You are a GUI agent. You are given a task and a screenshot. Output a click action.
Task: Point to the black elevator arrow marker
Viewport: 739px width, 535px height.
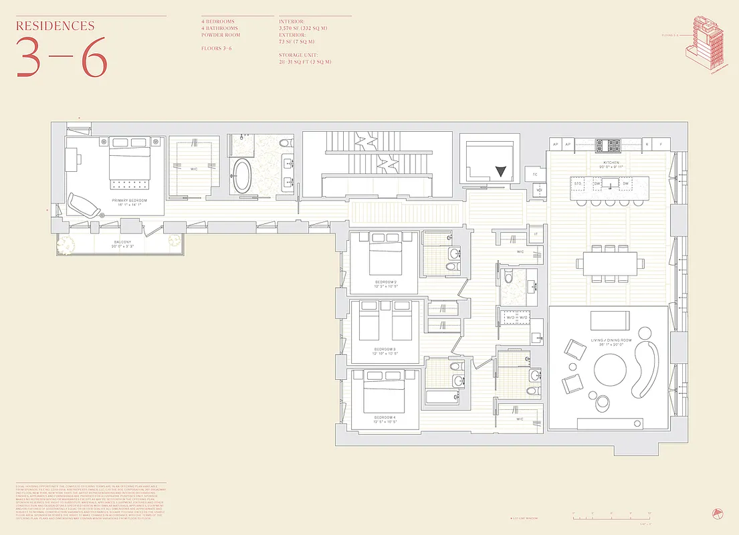click(x=501, y=171)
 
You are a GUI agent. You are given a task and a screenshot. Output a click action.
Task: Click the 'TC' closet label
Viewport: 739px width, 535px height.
click(x=535, y=175)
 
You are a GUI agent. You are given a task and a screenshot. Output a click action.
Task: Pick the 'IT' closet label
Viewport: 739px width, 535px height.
click(x=536, y=233)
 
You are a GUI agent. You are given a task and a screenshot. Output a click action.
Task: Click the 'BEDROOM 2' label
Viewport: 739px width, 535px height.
click(x=386, y=282)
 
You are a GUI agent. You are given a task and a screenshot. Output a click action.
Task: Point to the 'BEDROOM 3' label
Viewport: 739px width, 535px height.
click(x=385, y=349)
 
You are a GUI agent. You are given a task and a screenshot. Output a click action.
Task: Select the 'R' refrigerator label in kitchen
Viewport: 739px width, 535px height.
click(x=647, y=144)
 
